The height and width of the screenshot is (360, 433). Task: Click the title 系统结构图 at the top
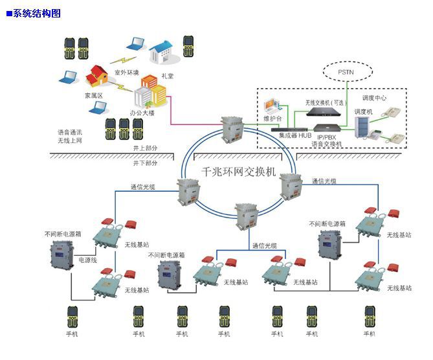37,14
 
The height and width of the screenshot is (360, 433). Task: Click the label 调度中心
374,98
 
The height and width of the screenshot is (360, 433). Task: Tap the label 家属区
94,95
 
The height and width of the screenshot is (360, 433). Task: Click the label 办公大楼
142,113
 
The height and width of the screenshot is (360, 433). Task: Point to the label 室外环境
126,72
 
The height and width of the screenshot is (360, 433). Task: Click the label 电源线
88,259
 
